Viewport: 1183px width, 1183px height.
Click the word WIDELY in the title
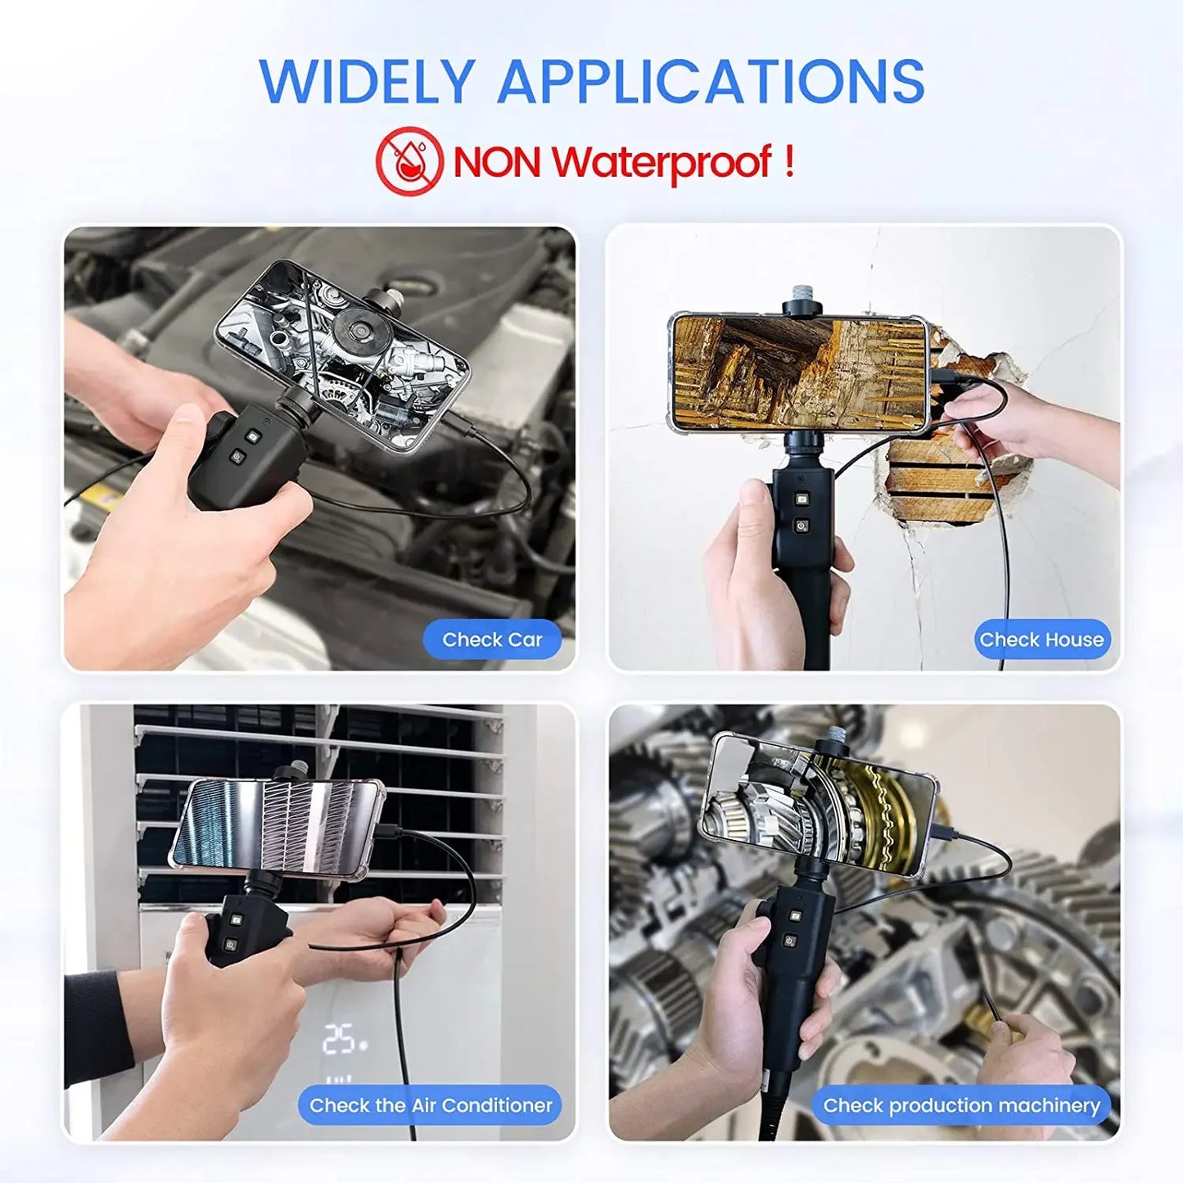pos(367,82)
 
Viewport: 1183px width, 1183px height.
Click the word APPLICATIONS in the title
pos(711,82)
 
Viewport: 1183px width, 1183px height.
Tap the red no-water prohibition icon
pos(409,160)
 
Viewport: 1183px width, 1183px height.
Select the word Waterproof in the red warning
pos(661,162)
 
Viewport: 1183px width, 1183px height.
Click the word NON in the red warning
pos(497,162)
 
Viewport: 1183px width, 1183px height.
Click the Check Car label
pos(492,639)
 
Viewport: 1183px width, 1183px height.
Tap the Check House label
pos(1041,639)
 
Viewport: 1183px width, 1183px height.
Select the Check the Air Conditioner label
pos(431,1105)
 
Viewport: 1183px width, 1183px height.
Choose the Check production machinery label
pos(961,1105)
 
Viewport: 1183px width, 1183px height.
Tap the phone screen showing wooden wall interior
pos(799,373)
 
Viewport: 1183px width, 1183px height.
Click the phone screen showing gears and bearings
pos(819,806)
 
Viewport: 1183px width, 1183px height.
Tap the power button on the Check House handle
pos(801,526)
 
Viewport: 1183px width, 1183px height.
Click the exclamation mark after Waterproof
pos(788,160)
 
